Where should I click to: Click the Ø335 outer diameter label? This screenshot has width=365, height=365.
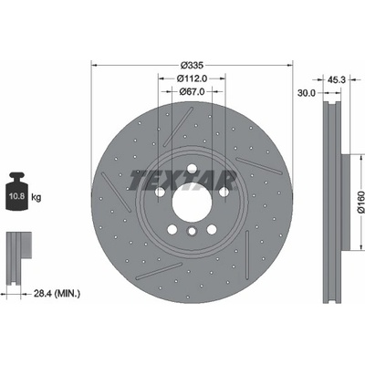192,65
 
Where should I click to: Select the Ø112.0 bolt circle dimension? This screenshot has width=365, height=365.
192,78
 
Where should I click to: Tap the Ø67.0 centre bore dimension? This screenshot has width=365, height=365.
192,91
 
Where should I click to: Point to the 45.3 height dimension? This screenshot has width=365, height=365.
337,79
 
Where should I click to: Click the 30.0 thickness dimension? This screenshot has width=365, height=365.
307,93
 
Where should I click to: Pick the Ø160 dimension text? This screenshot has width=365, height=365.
360,202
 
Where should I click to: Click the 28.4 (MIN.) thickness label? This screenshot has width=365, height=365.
57,294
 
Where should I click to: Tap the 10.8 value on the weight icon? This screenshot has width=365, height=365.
17,196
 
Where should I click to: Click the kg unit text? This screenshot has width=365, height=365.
36,198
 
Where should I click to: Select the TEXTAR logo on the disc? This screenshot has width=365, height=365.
182,181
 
